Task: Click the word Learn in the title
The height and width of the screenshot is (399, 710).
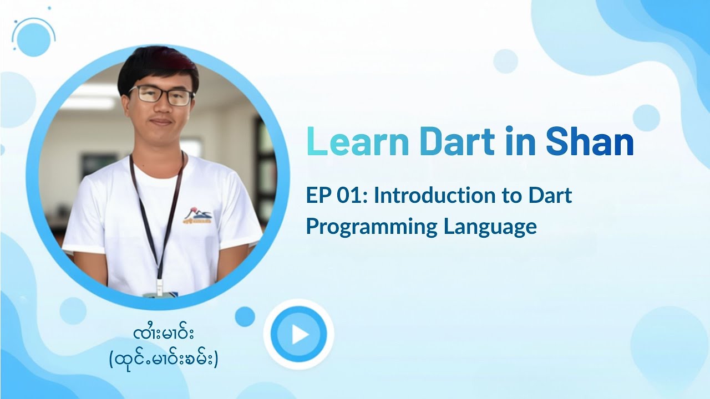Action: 357,142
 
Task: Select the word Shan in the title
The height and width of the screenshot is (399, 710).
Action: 590,142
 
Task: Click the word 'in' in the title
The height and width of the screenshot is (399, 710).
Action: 520,142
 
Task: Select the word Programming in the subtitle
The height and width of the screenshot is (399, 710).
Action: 371,227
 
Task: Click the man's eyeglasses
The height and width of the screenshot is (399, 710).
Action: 161,95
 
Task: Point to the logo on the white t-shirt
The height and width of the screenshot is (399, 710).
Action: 197,216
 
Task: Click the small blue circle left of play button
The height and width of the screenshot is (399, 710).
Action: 245,316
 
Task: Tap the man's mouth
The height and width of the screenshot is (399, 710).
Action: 161,122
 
